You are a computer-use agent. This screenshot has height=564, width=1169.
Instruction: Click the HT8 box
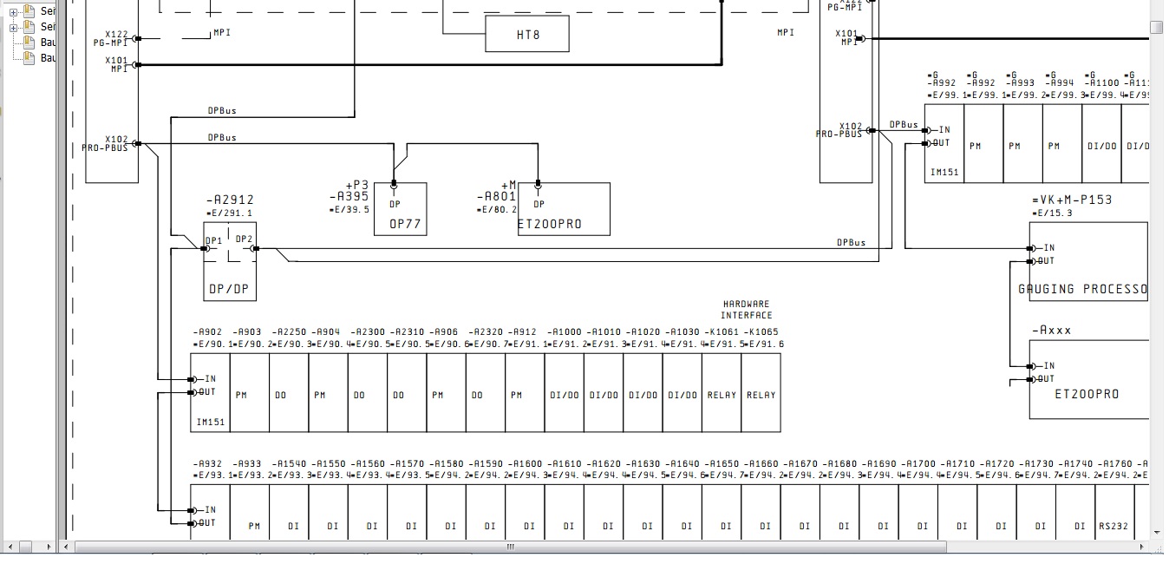pyautogui.click(x=526, y=35)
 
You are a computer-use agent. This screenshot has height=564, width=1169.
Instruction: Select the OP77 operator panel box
pyautogui.click(x=400, y=209)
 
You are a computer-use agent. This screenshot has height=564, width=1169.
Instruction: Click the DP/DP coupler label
pyautogui.click(x=230, y=288)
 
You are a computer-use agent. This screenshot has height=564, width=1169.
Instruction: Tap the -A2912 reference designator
pyautogui.click(x=230, y=200)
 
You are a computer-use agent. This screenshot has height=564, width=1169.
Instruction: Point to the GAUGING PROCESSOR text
pyautogui.click(x=1083, y=289)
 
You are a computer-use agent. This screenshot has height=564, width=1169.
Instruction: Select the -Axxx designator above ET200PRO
pyautogui.click(x=1052, y=331)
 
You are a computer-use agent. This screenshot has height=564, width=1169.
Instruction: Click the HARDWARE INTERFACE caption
pyautogui.click(x=746, y=310)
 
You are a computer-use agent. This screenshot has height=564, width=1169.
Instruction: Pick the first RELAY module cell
pyautogui.click(x=722, y=395)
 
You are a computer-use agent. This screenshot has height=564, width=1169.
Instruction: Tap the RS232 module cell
pyautogui.click(x=1113, y=526)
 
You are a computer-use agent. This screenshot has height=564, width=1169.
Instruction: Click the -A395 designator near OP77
pyautogui.click(x=349, y=197)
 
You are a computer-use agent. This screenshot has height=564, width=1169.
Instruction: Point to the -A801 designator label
pyautogui.click(x=497, y=197)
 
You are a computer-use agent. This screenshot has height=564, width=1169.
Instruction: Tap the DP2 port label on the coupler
pyautogui.click(x=244, y=239)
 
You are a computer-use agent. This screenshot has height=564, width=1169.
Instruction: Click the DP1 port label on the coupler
pyautogui.click(x=213, y=240)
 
